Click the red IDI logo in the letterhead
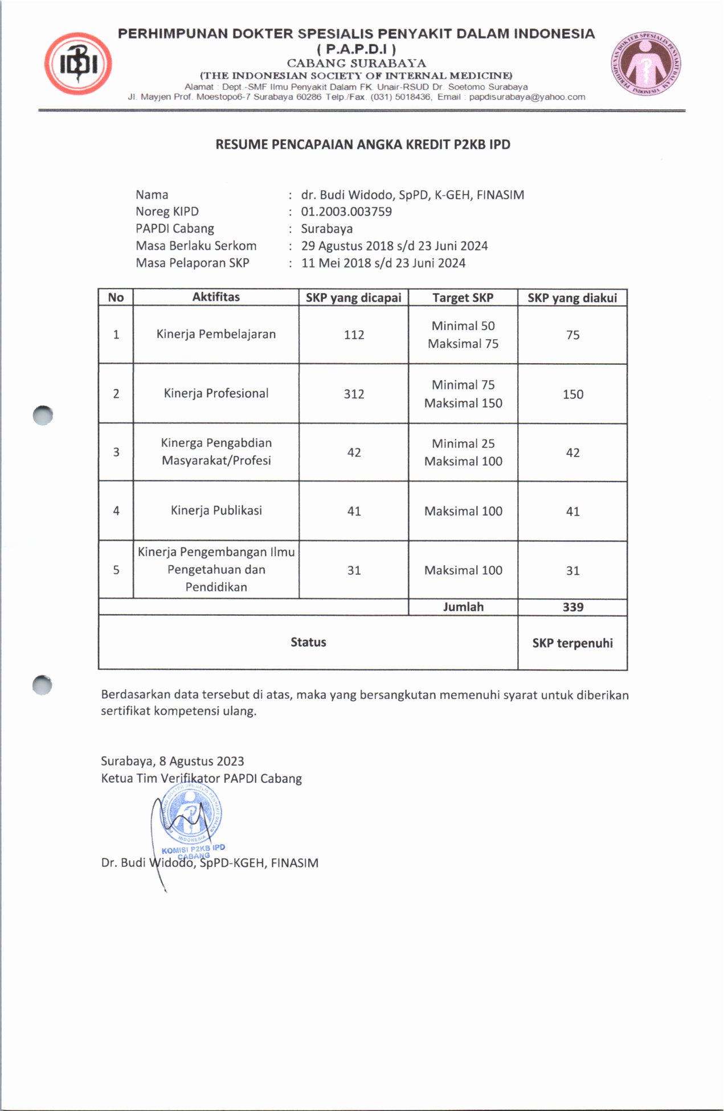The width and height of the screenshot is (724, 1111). (x=78, y=63)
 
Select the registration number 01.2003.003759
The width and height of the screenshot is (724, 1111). (x=346, y=212)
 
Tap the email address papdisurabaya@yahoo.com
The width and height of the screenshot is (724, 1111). (x=527, y=97)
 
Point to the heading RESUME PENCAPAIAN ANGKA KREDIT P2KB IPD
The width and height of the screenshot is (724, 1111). (x=362, y=145)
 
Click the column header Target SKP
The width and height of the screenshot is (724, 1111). (x=463, y=298)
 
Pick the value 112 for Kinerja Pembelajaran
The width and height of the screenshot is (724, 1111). (x=354, y=335)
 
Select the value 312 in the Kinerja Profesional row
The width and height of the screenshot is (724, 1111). (x=354, y=394)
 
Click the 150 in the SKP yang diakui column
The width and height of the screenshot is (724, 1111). (x=572, y=394)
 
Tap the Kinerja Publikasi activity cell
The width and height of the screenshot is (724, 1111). (x=216, y=511)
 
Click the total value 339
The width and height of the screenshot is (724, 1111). (x=572, y=607)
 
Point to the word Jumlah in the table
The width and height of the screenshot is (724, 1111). (x=463, y=607)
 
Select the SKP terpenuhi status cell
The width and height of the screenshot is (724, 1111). (x=572, y=643)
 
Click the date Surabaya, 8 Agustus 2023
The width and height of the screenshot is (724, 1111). (x=172, y=761)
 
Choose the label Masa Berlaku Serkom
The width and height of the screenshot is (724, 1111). (x=196, y=246)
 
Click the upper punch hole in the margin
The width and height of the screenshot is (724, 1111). (x=43, y=415)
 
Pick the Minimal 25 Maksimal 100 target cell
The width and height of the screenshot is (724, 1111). (x=463, y=452)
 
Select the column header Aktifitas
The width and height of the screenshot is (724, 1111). (x=216, y=297)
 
